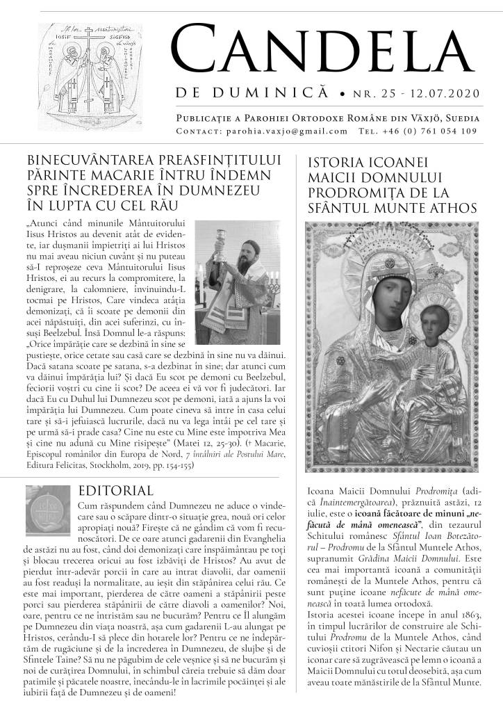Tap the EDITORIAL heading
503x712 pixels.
(116, 491)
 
